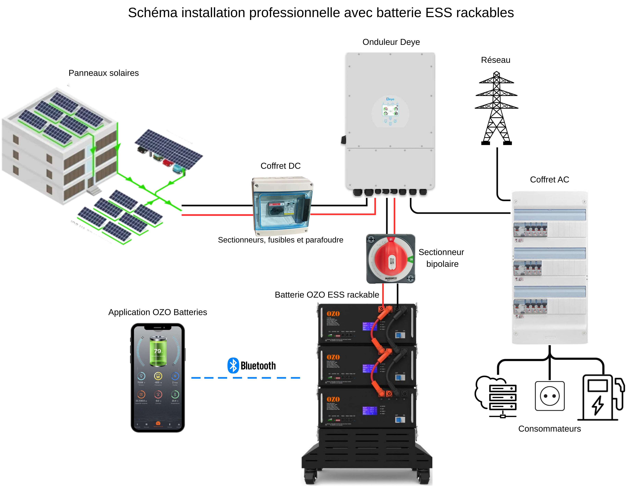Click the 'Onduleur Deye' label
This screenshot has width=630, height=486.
click(391, 42)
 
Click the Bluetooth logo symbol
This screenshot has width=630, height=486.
click(233, 365)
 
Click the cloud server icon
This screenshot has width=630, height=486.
click(496, 397)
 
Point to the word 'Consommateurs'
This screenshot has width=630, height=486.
click(549, 429)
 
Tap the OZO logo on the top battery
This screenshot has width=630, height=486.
click(333, 314)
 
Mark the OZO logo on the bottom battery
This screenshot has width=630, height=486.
click(333, 399)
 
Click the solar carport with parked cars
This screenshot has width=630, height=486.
click(169, 151)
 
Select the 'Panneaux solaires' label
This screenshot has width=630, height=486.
click(104, 73)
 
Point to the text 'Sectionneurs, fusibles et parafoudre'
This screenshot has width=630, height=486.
click(280, 240)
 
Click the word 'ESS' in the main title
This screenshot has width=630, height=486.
click(438, 13)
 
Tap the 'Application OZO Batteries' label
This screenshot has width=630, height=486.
click(157, 312)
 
